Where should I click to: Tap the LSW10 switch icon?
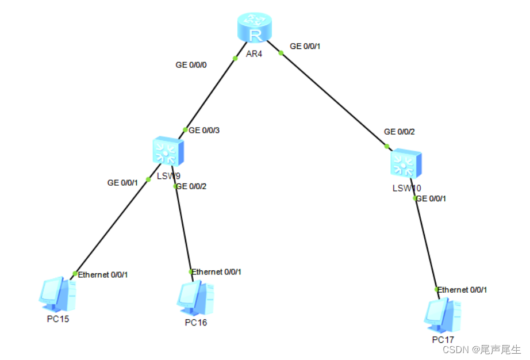(x=405, y=164)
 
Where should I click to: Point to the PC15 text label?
(x=58, y=319)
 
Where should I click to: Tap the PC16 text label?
(x=196, y=322)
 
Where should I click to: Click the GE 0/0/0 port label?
(x=191, y=65)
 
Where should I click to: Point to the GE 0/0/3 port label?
(x=204, y=131)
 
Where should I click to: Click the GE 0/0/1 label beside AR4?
(x=305, y=46)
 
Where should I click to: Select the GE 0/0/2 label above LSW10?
(x=400, y=132)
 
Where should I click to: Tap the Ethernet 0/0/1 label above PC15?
(x=103, y=274)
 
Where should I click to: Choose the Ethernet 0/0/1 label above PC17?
(x=462, y=290)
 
